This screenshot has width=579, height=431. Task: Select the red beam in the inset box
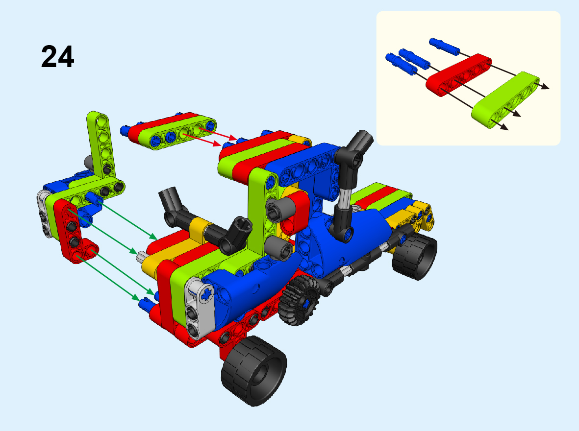(x=458, y=74)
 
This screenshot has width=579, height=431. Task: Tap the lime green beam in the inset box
(x=505, y=100)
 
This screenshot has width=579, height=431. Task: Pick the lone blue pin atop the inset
(x=444, y=46)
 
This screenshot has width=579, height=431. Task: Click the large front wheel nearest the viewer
(x=254, y=370)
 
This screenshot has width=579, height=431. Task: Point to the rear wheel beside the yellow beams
(x=414, y=255)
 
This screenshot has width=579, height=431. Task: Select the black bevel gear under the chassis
(x=299, y=300)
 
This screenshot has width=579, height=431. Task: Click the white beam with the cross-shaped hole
(x=200, y=308)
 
